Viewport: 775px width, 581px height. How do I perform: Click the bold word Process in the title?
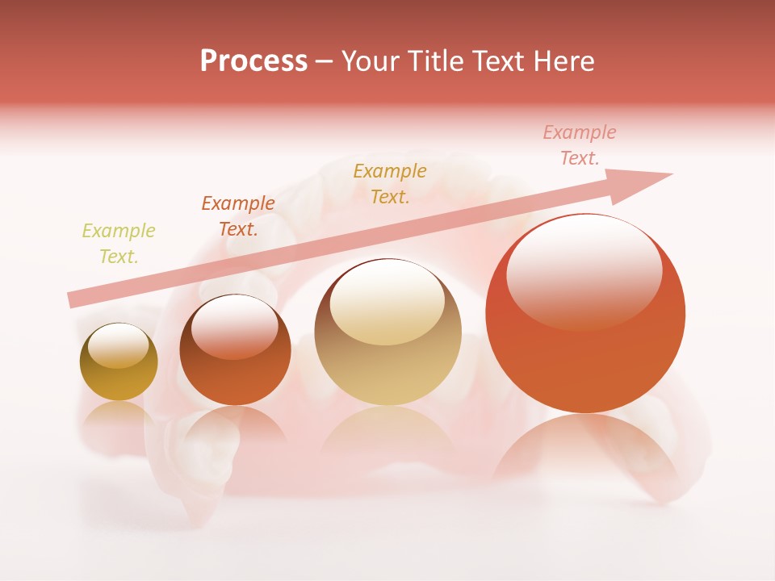(x=253, y=61)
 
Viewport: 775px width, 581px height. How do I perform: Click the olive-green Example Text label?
(x=119, y=244)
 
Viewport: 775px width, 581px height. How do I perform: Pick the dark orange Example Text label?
(x=238, y=216)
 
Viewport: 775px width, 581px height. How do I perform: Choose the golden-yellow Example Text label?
(x=390, y=184)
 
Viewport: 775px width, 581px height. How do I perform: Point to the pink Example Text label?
(x=580, y=145)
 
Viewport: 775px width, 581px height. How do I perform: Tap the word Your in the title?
(x=371, y=61)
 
